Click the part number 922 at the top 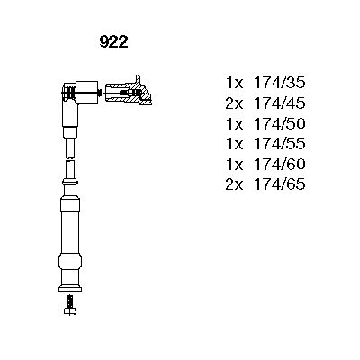(113, 42)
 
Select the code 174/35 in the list (280, 83)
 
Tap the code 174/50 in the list (280, 123)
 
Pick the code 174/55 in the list (280, 144)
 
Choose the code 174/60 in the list (280, 164)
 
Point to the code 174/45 (280, 103)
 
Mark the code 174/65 (280, 184)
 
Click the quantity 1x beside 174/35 (235, 83)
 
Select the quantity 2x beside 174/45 (234, 103)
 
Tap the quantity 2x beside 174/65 (234, 184)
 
